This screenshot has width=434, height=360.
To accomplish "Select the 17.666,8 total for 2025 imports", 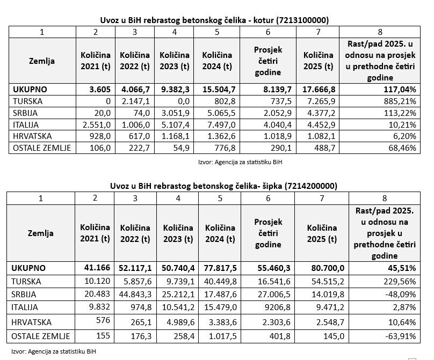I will [321, 89].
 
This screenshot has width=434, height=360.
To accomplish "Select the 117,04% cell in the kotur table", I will [400, 89].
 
